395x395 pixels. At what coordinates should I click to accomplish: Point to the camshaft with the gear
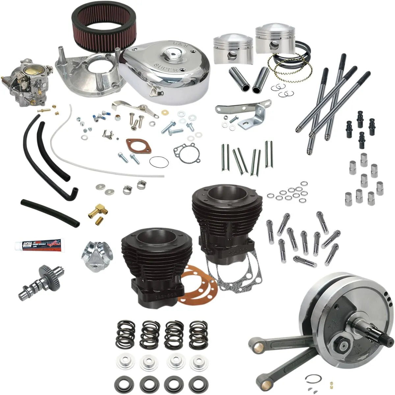[36, 283]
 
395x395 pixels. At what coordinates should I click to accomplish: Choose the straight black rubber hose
[49, 212]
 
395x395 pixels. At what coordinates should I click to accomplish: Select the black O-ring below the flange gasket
[159, 162]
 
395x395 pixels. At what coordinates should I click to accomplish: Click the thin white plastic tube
[99, 165]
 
